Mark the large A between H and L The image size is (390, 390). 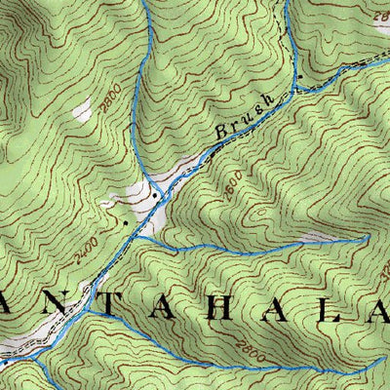click(290, 308)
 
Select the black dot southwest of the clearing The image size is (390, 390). click(125, 222)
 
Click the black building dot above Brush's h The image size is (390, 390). click(300, 75)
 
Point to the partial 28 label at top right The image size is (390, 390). click(378, 16)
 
